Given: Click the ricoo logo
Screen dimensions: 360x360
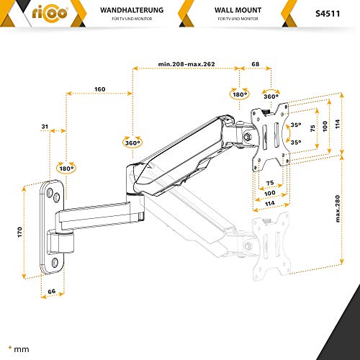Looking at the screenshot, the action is click(x=50, y=13).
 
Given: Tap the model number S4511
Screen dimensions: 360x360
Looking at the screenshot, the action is click(x=328, y=14).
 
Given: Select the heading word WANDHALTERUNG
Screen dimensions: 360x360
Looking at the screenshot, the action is click(x=132, y=10).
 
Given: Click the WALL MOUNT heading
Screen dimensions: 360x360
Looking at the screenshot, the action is click(x=238, y=10).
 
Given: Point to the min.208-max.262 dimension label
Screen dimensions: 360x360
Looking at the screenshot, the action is click(x=186, y=64).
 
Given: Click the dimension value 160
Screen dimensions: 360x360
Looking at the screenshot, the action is click(x=99, y=89).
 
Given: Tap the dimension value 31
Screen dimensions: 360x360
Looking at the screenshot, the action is click(x=45, y=127).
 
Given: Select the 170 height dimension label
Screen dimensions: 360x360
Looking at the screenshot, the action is click(x=19, y=232).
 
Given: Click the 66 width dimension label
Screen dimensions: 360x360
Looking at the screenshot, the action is click(x=52, y=292).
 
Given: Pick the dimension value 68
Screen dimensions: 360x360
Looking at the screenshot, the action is click(x=256, y=64).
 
